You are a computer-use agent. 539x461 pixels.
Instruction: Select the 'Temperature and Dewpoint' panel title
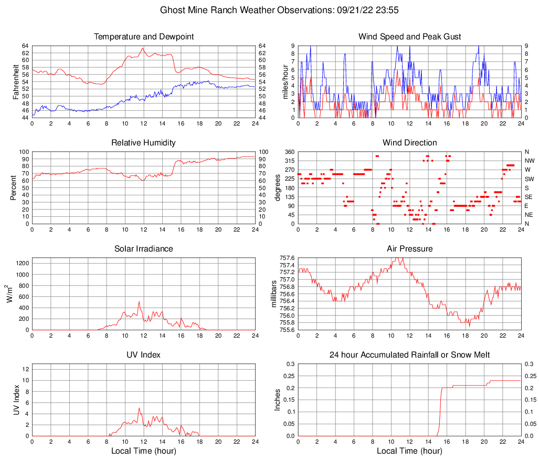click(x=143, y=37)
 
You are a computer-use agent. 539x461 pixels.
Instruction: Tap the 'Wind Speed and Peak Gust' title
click(x=409, y=37)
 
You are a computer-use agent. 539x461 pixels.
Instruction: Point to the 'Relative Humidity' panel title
click(x=143, y=143)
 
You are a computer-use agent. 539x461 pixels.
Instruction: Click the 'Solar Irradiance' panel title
click(x=143, y=248)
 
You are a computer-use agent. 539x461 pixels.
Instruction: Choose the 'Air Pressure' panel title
click(x=409, y=248)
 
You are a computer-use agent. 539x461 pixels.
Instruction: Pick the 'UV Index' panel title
click(x=143, y=355)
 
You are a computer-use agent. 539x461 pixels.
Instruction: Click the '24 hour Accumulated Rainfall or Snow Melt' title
click(x=409, y=355)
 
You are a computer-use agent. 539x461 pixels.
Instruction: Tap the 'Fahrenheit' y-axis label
click(x=16, y=81)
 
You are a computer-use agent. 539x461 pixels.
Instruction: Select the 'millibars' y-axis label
click(x=274, y=294)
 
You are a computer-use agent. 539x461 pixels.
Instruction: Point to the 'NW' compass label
click(x=530, y=161)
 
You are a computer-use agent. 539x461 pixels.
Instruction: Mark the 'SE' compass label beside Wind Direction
click(x=529, y=197)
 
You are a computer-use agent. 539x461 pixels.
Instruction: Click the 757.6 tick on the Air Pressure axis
click(x=287, y=258)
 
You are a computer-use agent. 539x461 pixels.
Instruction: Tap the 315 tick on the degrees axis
click(x=290, y=161)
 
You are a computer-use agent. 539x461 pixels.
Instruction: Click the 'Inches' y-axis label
click(x=278, y=400)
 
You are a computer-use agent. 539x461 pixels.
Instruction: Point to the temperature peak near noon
click(x=143, y=48)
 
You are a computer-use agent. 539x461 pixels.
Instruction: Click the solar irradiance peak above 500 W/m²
click(x=139, y=301)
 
